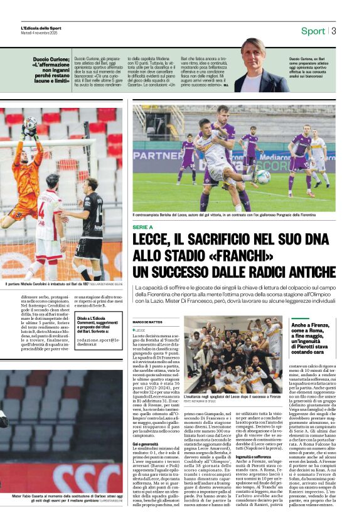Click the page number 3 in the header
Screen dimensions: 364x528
334,31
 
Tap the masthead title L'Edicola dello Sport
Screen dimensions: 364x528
41,28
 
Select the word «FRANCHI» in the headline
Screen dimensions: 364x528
240,257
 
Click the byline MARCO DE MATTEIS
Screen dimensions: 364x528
147,322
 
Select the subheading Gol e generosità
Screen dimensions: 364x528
147,444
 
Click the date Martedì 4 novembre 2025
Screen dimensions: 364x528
40,33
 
